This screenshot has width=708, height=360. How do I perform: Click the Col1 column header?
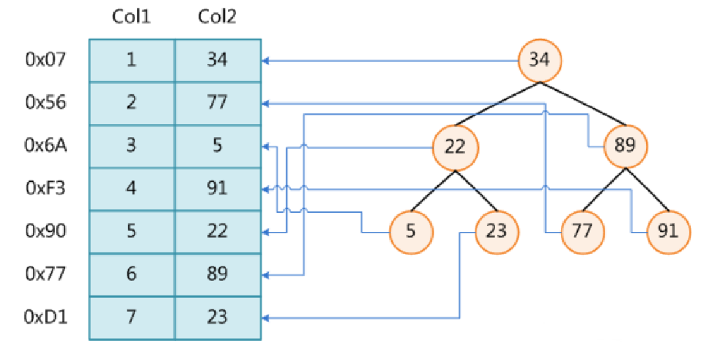[x=131, y=17]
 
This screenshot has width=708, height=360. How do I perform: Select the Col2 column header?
[x=217, y=17]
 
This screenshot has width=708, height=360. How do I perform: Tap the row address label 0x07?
[x=45, y=59]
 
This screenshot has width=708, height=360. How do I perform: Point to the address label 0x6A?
[x=45, y=145]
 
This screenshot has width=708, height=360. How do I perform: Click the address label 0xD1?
[x=45, y=316]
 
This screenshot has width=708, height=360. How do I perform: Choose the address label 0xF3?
[x=45, y=188]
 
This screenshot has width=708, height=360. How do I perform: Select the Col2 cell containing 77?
[x=218, y=103]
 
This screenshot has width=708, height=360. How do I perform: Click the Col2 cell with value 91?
[x=218, y=189]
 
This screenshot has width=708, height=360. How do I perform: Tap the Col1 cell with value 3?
[x=131, y=146]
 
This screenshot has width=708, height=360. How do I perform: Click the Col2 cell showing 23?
[x=218, y=318]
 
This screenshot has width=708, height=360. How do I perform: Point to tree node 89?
[x=626, y=146]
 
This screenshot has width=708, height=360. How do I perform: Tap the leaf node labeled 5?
[x=411, y=231]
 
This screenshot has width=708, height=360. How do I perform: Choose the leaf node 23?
[x=496, y=231]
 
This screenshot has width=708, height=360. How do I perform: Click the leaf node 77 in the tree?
[x=583, y=231]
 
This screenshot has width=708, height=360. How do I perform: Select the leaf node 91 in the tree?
[x=668, y=231]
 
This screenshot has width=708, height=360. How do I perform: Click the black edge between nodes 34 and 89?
[x=583, y=104]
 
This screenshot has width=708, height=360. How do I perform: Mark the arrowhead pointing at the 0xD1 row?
[x=265, y=318]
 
